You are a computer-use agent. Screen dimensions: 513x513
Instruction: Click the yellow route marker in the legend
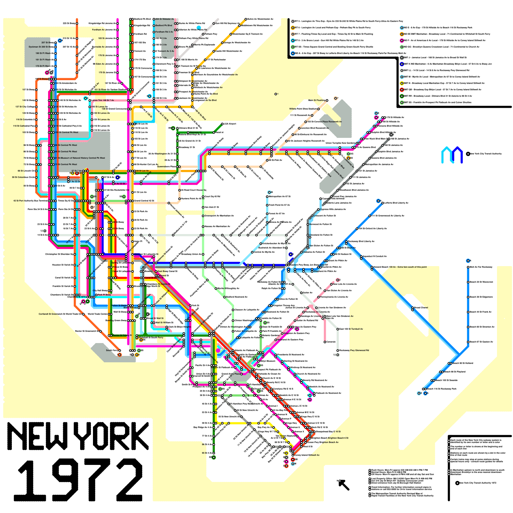[402, 83]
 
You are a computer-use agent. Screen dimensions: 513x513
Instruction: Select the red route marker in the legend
[402, 89]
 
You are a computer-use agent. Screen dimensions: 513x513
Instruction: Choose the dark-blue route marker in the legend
[402, 64]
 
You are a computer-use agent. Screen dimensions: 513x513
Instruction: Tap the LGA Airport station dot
[222, 124]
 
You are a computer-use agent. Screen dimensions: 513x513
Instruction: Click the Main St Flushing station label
[317, 100]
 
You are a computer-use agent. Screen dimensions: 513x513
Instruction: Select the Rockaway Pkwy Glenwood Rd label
[354, 350]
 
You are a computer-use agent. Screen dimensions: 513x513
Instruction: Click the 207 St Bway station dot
[55, 43]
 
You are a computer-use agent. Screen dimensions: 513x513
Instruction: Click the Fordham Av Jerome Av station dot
[118, 30]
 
